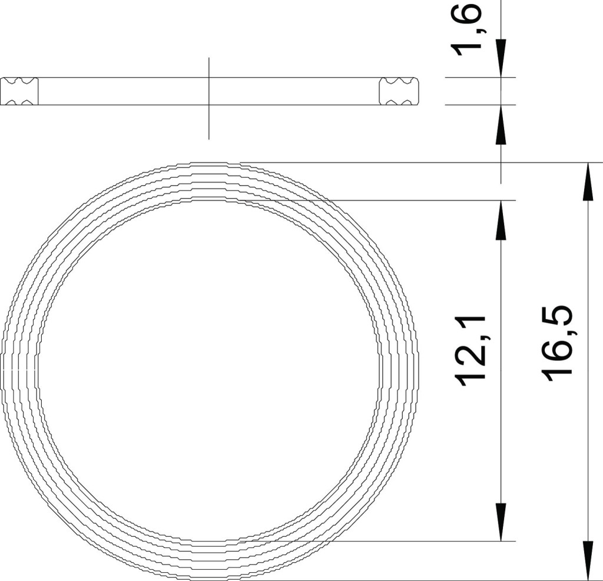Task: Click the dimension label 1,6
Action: point(468,28)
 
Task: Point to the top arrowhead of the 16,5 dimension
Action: point(587,181)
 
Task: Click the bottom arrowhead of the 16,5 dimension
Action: point(587,562)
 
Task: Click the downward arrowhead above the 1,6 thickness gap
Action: point(501,58)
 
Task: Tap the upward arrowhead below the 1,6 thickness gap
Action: point(501,124)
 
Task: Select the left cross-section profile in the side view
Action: point(19,91)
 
